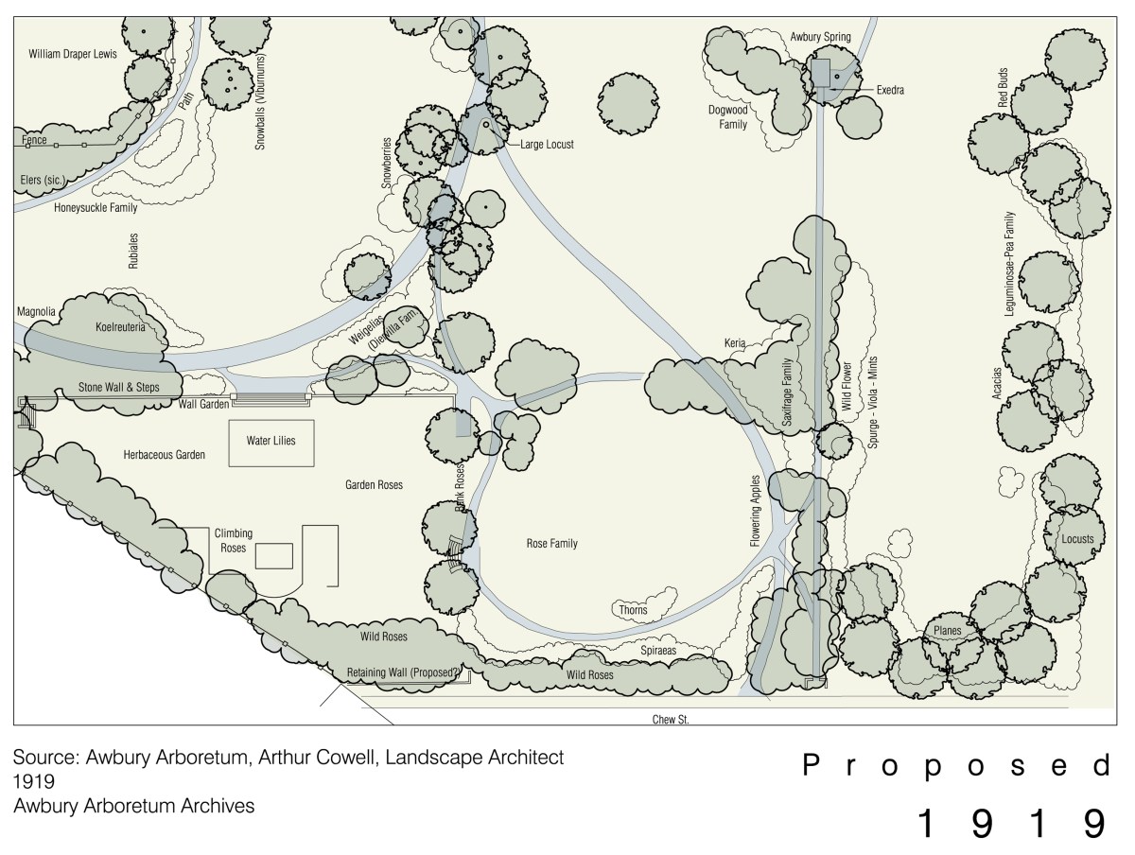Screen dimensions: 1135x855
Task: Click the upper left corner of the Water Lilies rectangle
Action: (x=229, y=420)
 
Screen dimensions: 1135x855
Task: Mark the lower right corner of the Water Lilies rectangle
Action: (x=314, y=466)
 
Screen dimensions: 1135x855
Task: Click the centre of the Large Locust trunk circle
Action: (x=486, y=125)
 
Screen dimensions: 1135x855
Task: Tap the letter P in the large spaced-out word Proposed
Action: (x=811, y=765)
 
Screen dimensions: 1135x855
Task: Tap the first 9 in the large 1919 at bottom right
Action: (x=982, y=823)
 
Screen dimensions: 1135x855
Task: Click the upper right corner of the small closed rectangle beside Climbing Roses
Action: (x=292, y=543)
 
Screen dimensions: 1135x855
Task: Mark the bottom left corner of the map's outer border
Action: (x=14, y=724)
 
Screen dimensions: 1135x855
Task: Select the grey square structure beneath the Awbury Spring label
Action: (x=820, y=73)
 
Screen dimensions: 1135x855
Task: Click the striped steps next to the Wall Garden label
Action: (x=271, y=399)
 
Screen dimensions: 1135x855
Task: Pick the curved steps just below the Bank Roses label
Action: (x=455, y=554)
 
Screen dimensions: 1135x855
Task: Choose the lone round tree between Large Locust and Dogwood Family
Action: (x=628, y=104)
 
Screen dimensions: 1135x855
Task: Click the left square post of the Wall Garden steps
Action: (x=234, y=396)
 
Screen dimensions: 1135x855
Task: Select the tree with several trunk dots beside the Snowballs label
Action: (x=228, y=84)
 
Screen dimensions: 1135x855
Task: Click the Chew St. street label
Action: (x=671, y=720)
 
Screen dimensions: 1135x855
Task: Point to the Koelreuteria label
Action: (x=120, y=327)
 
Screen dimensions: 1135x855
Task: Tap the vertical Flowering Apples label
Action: (x=756, y=511)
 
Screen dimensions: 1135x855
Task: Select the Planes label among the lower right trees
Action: (x=948, y=631)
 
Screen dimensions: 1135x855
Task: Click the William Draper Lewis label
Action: (x=73, y=54)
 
